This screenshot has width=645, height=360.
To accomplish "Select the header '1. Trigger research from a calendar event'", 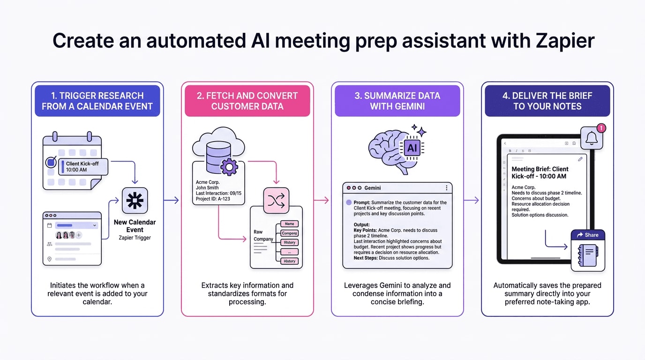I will point(97,101).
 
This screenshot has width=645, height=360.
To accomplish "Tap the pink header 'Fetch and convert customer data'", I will point(247,101).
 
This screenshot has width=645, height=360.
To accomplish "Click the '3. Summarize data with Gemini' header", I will point(397,101).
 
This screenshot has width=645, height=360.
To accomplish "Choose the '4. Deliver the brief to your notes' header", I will point(547,101).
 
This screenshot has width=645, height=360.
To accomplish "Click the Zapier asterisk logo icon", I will point(135,201).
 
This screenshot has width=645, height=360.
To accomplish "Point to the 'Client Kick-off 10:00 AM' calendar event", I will point(83,167).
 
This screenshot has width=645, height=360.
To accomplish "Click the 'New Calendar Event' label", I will point(135,226).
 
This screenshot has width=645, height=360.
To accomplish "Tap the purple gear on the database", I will point(229,167).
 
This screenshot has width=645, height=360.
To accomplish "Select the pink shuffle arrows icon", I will point(276,201).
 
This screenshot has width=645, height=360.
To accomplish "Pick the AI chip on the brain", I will point(412,148).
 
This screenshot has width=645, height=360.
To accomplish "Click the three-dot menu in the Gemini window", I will point(446,188).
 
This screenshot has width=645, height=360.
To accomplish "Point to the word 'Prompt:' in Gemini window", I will point(362,203).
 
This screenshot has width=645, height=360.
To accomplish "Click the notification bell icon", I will point(592,138).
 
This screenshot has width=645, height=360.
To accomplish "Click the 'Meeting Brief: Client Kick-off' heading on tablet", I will point(540,172).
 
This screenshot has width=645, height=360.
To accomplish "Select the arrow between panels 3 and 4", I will point(472,200).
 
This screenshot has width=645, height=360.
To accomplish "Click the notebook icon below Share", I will point(587,255).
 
